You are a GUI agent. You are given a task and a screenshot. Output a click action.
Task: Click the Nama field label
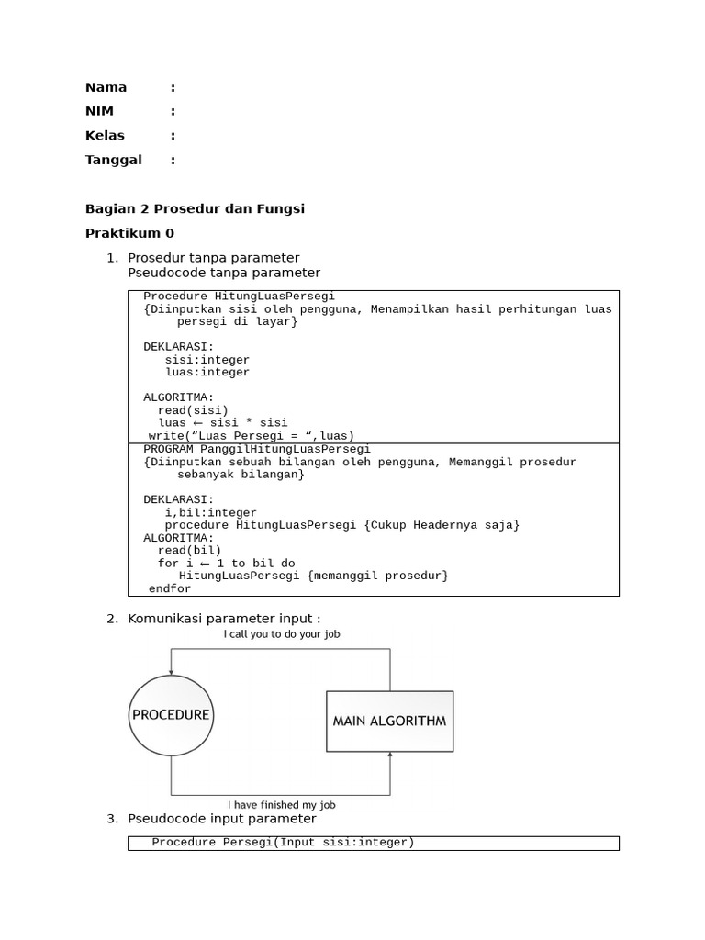coord(106,88)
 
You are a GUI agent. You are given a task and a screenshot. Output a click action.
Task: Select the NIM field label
coord(99,112)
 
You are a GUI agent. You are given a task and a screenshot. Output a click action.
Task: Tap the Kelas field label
coord(105,136)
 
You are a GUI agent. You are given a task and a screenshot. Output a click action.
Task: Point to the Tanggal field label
coord(114,160)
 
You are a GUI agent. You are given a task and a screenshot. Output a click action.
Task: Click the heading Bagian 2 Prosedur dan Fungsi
coord(195,209)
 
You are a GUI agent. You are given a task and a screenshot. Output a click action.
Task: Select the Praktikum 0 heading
coord(129,233)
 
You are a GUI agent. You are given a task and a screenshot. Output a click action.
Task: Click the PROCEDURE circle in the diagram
coord(171,715)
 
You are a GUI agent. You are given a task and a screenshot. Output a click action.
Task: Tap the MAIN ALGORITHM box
coord(389,721)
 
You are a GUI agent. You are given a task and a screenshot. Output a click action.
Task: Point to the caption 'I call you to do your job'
coord(282,634)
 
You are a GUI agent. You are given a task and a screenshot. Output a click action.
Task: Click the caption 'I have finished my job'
coord(281,805)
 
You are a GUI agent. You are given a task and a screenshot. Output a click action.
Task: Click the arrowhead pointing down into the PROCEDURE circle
coord(171,672)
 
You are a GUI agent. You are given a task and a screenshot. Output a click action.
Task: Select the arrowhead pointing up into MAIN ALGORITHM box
coord(390,756)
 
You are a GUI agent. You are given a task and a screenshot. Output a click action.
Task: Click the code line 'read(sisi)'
coord(193,410)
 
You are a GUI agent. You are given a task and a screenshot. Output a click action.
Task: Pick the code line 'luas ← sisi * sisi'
coord(222,423)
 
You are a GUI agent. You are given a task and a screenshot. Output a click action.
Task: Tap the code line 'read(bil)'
coord(189,551)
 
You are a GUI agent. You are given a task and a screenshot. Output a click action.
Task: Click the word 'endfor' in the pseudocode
coord(170,588)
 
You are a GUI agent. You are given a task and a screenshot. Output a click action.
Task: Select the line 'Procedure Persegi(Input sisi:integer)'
coord(283,843)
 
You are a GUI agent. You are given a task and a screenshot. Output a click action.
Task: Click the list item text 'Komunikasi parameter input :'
coord(224,620)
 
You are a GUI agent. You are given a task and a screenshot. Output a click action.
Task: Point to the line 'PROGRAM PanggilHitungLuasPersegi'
coord(257,449)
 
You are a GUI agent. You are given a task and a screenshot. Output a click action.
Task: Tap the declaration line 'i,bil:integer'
coord(211,512)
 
